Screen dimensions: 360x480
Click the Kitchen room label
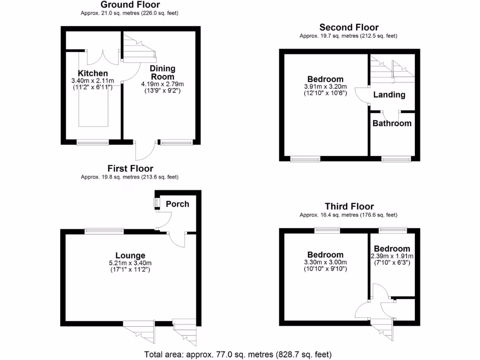tap(93, 74)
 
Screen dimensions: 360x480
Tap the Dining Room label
tap(162, 73)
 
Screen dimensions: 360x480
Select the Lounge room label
tap(130, 255)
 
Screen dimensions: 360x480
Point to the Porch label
tap(178, 204)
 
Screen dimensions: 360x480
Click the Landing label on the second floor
tap(389, 95)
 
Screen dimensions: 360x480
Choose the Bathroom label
tap(392, 123)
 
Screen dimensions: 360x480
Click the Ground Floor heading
tap(130, 5)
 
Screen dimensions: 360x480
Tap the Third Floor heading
tap(349, 207)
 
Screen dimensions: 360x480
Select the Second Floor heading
tap(349, 28)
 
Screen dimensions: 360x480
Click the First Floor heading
tap(130, 168)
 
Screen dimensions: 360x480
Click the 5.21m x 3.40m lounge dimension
tap(130, 263)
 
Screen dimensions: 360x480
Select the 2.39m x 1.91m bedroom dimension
tap(392, 256)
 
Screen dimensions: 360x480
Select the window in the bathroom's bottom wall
tap(396, 159)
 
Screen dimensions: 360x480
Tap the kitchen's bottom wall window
tap(93, 142)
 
